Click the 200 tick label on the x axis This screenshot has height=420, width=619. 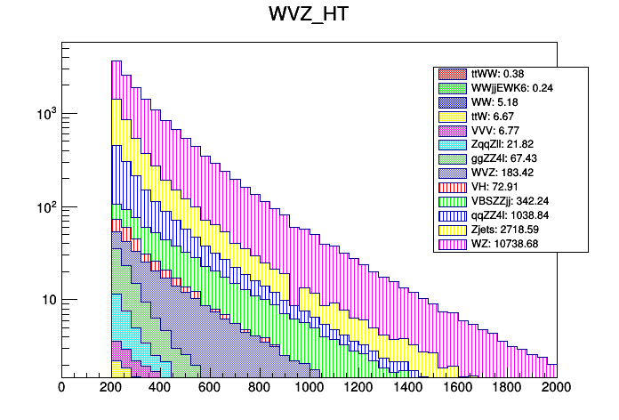pyautogui.click(x=111, y=388)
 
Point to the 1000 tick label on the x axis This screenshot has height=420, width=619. pyautogui.click(x=309, y=388)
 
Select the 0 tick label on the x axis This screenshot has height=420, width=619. pyautogui.click(x=61, y=388)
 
